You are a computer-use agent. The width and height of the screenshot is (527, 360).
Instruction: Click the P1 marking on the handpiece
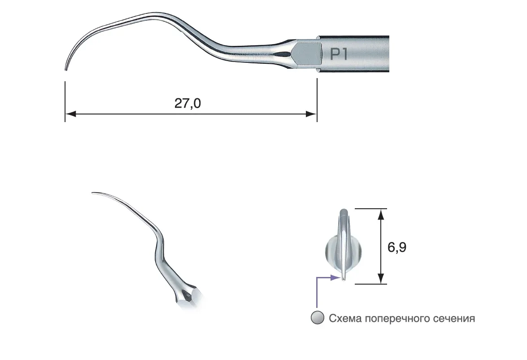[339, 54]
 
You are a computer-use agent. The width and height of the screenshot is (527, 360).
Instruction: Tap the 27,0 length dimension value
[187, 103]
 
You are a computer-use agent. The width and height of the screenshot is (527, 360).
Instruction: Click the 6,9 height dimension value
[397, 247]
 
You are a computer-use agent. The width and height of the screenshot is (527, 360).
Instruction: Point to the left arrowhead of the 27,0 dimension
[70, 114]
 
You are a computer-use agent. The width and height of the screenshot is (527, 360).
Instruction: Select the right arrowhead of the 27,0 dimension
[311, 114]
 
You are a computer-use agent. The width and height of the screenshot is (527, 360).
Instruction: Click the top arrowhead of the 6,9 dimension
[380, 214]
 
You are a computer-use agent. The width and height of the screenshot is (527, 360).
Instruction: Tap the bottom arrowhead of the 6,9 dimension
[380, 278]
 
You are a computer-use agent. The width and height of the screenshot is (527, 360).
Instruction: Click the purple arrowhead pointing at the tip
[335, 277]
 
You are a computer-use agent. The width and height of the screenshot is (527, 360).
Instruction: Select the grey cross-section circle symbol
[318, 318]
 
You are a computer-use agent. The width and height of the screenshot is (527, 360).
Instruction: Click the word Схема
[345, 318]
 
